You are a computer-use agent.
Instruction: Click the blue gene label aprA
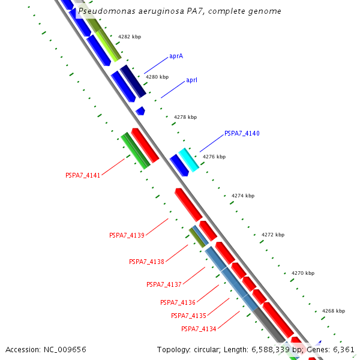pos(176,56)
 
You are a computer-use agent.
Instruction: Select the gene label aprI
pos(192,80)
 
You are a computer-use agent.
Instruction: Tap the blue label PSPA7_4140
pos(242,133)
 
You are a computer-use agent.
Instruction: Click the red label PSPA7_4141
pos(83,175)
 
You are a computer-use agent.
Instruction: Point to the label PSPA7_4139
pos(127,235)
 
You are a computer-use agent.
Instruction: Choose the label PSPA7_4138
pos(146,262)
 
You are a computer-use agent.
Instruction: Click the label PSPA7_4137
pos(164,284)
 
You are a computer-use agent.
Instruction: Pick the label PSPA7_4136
pos(178,302)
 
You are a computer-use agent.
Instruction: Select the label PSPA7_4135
pos(188,316)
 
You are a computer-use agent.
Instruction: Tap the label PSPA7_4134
pos(199,329)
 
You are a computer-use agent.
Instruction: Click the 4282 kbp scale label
pos(129,37)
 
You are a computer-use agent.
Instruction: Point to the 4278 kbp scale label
pos(185,117)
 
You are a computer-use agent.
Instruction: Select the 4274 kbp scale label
pos(242,196)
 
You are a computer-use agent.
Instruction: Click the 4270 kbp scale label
pos(302,273)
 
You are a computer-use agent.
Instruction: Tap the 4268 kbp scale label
pos(333,311)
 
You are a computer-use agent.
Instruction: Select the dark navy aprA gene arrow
pos(133,81)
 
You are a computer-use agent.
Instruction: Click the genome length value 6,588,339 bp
pos(273,349)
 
